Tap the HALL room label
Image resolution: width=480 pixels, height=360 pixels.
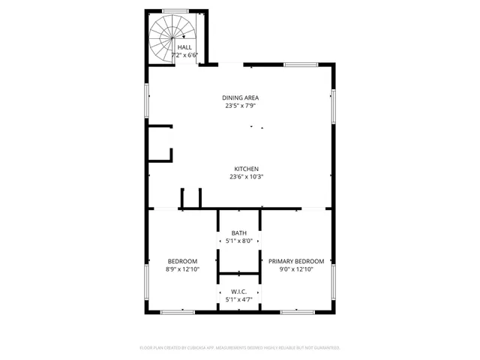pos(184,47)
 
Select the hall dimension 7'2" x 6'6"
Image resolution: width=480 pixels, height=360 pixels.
pos(184,55)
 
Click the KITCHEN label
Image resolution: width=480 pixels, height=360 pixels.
pos(246,169)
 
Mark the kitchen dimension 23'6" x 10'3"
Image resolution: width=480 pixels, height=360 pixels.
pos(246,177)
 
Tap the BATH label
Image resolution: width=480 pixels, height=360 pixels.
pos(238,233)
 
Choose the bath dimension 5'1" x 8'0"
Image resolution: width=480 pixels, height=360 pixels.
pos(238,241)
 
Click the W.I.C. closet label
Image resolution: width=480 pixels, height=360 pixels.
pos(238,292)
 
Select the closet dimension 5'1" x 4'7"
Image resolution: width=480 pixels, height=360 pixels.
pos(238,300)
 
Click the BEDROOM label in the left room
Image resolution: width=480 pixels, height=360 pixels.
pos(182,261)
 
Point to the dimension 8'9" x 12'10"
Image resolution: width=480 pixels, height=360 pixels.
pos(182,269)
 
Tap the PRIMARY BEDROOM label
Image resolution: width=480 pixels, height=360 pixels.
pos(296,261)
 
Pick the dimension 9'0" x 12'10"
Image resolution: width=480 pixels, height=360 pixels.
pos(296,269)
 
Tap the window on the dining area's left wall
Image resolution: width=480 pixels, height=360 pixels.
pos(147,100)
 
